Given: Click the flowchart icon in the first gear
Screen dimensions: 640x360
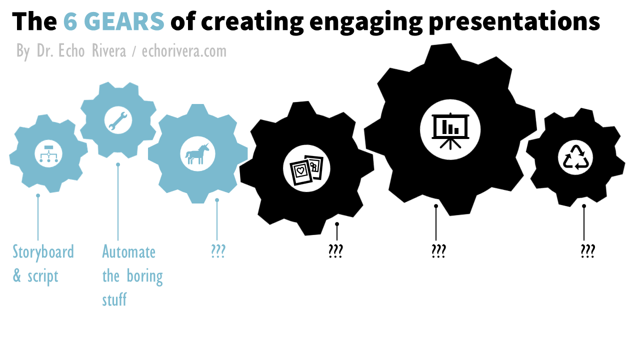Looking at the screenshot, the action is click(x=48, y=153).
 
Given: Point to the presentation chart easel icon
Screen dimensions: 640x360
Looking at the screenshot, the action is click(x=450, y=129).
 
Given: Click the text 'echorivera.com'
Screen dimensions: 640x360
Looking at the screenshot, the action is click(x=184, y=51).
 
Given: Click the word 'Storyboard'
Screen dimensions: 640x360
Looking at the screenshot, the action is click(x=43, y=251).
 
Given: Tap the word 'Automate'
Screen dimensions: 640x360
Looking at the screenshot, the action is click(x=128, y=251).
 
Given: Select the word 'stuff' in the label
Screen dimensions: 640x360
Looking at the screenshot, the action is click(x=114, y=300).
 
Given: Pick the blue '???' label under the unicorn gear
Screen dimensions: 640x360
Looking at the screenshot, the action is click(x=217, y=251).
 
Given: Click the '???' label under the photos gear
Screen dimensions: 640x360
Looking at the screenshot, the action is click(x=335, y=251).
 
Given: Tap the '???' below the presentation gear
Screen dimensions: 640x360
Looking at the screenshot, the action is click(x=438, y=251).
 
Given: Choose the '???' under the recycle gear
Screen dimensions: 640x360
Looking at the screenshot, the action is click(x=587, y=251).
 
